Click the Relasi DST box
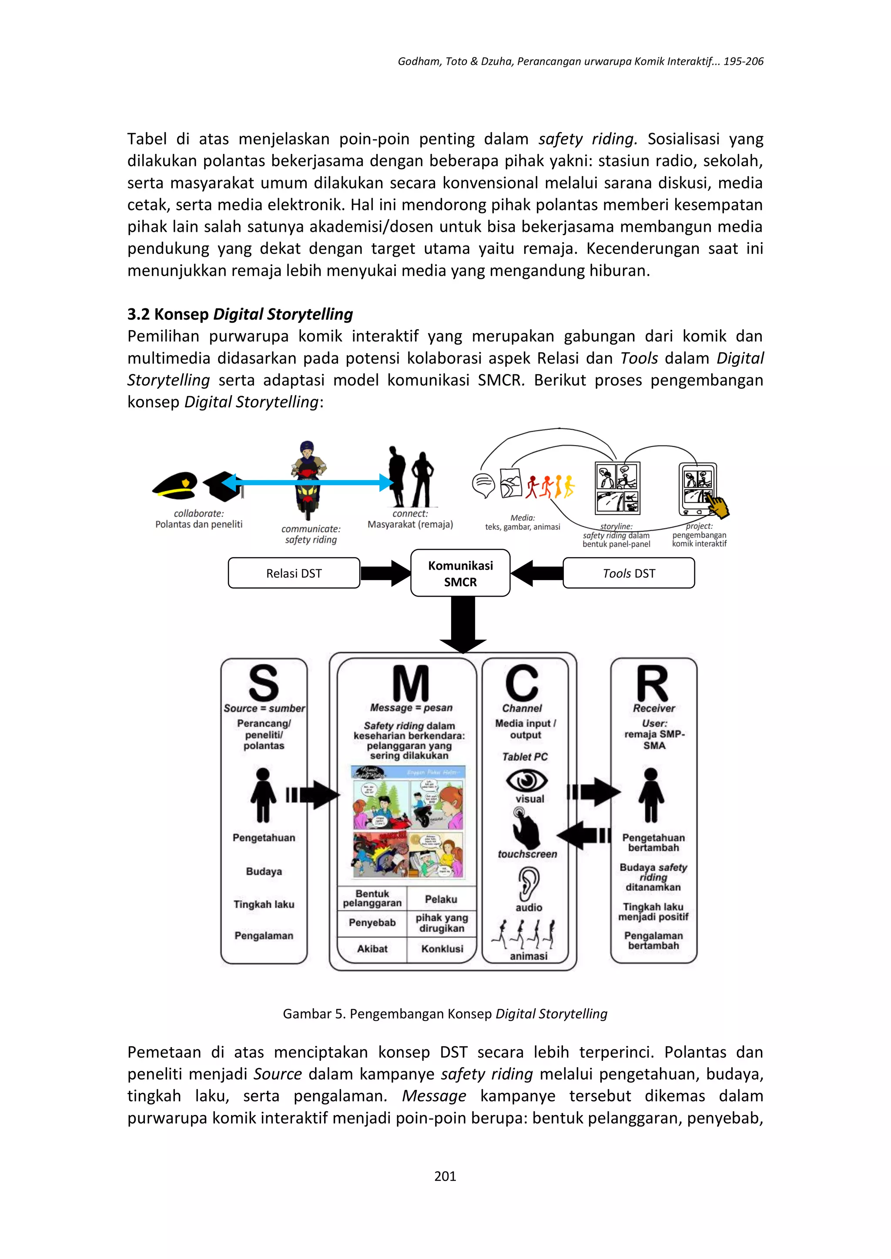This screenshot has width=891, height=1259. pos(294,573)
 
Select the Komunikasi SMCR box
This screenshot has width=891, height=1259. pos(460,573)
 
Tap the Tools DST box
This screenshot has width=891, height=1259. pos(629,573)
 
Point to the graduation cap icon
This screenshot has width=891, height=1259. pos(222,486)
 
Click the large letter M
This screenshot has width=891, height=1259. pos(410,683)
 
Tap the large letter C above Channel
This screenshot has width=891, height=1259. pos(522,683)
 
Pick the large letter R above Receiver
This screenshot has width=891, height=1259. pos(652,683)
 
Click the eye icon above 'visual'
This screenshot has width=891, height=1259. pos(527,780)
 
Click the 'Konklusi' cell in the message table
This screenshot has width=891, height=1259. pos(442,948)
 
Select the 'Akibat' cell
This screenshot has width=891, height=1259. pos(372,948)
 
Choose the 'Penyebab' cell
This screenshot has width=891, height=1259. pos(372,923)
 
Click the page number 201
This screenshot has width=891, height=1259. pos(445,1176)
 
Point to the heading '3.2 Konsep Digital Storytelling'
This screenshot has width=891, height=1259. pos(240,314)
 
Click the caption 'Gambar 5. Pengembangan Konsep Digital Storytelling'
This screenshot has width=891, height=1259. pos(445,1014)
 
